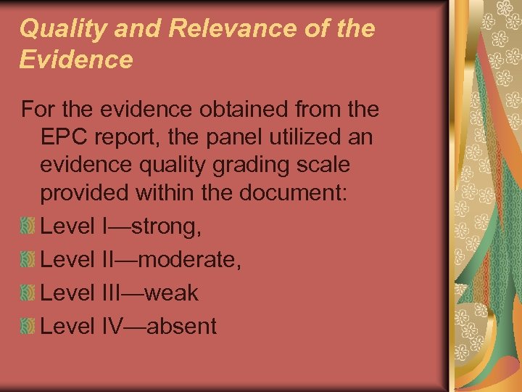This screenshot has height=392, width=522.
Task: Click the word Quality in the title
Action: [x=56, y=29]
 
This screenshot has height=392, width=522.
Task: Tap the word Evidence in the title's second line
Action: [x=76, y=60]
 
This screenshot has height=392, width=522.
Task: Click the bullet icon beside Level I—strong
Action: [x=28, y=226]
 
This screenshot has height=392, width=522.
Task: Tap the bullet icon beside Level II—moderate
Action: [x=28, y=260]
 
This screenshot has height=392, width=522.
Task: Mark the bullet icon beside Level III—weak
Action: [x=28, y=293]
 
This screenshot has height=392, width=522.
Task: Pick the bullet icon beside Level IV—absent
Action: [x=28, y=327]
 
